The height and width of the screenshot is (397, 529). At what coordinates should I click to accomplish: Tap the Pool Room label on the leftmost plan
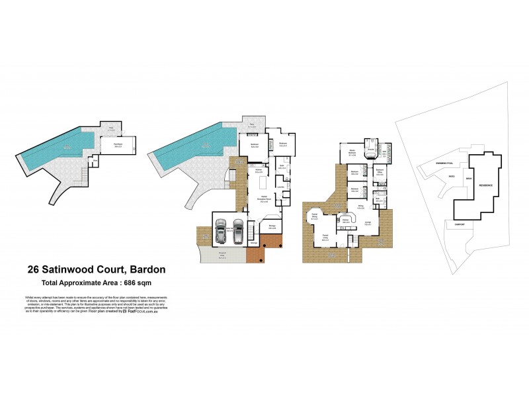119,144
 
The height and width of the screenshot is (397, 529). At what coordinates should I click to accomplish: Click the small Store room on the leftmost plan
96,160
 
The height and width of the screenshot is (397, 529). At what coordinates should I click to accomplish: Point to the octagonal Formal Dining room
315,216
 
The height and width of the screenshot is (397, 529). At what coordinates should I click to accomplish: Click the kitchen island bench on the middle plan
263,181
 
